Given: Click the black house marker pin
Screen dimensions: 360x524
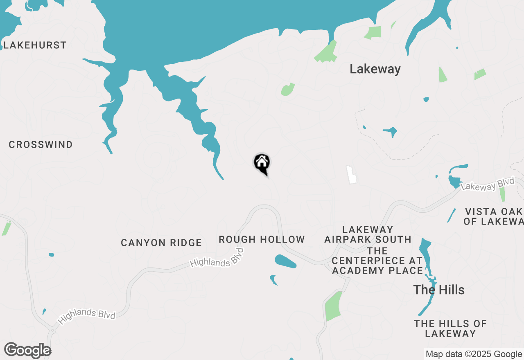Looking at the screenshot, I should pos(262,163).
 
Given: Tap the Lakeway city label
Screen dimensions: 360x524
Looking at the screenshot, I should pos(375,69).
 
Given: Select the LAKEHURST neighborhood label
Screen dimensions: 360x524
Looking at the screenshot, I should pos(35,45).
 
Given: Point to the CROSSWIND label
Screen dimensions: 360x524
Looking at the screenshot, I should pos(41,144).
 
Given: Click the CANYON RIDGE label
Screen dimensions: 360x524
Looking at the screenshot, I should pos(161,243).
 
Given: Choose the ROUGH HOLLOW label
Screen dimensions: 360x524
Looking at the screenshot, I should pos(262,239).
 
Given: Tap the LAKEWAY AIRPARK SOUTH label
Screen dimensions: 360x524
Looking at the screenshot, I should pos(368,234).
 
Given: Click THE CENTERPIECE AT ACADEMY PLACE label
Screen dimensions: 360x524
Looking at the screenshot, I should pos(377,260).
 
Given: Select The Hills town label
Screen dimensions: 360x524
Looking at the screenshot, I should pos(439,290).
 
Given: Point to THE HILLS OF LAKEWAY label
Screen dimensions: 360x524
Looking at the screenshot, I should pos(450,328).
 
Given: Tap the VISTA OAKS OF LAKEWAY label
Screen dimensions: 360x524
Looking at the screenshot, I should pos(494,216).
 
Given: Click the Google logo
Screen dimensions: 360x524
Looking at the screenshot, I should pos(27,350).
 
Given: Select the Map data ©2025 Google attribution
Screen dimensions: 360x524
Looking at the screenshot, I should pos(474,354).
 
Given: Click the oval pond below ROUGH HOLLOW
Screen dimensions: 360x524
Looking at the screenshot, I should pos(285,261).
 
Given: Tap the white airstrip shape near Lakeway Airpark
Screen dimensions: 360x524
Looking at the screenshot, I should pos(351,175).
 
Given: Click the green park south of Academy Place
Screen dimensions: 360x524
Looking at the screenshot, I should pos(333,306).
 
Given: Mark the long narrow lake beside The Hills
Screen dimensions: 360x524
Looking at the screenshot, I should pos(427,270).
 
